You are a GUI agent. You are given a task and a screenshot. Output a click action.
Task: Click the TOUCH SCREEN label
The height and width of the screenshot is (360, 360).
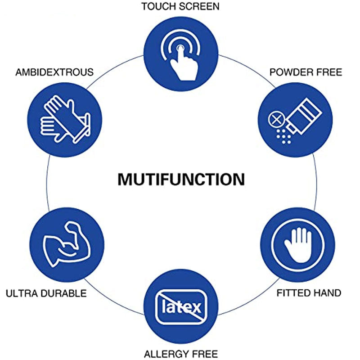tap(180, 7)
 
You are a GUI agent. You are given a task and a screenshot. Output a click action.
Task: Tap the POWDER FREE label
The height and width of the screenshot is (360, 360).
tap(306, 72)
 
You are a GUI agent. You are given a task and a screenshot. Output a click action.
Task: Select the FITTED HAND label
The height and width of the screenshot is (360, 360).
tap(309, 293)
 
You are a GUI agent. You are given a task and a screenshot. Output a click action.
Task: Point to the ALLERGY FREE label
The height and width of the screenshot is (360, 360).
tap(180, 353)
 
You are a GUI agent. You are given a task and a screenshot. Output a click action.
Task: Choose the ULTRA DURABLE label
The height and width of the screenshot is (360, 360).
tap(46, 293)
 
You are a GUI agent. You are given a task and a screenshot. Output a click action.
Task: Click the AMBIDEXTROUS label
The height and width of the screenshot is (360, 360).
tap(54, 72)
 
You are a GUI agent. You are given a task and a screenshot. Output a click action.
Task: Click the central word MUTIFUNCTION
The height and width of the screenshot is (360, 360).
tap(181, 179)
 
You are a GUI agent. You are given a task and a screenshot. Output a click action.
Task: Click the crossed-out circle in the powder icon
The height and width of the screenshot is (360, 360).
tap(275, 120)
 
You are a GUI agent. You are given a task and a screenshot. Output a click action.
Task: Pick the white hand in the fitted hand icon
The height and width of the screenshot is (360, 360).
tap(297, 245)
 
